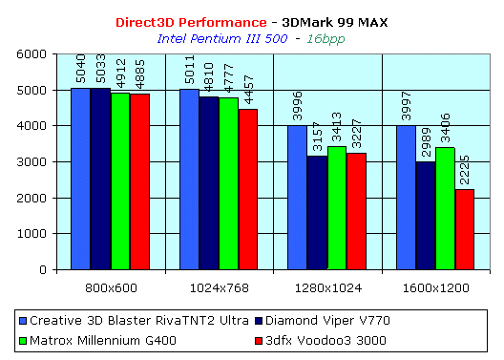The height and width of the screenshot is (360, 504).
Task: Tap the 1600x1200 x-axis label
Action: (436, 286)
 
